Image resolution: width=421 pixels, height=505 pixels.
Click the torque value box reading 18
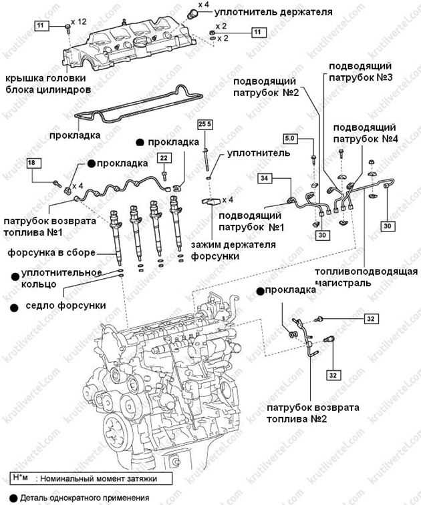(x=35, y=162)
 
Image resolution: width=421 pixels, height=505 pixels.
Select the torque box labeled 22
(x=164, y=157)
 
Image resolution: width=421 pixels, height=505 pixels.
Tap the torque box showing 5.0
(x=290, y=138)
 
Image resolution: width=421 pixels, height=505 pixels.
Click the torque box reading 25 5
(x=205, y=125)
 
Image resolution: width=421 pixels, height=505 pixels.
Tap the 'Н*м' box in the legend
(x=19, y=478)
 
